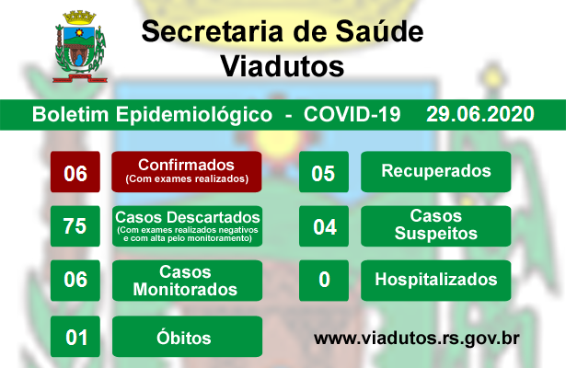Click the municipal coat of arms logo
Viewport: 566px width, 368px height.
point(80,46)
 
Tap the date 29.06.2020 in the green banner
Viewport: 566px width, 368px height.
point(480,114)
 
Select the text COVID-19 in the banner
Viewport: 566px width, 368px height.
point(352,114)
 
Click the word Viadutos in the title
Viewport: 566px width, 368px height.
point(283,66)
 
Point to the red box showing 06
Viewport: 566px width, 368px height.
point(75,172)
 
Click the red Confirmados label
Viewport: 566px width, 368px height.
point(187,172)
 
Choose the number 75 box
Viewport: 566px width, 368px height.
point(75,226)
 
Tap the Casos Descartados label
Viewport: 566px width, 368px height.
point(187,226)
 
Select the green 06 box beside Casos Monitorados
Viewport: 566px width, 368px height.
point(75,281)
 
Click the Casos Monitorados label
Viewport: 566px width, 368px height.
point(187,281)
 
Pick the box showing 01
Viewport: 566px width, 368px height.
point(75,337)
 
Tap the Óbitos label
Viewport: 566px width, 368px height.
point(187,337)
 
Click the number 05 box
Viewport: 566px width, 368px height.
point(324,172)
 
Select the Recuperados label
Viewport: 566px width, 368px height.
point(435,172)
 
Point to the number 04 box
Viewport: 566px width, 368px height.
point(324,226)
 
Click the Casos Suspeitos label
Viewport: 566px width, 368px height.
point(435,226)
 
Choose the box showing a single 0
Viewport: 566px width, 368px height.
point(324,281)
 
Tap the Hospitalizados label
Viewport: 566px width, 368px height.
point(435,281)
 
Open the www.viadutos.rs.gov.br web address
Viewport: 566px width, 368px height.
point(417,339)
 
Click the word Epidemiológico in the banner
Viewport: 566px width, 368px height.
point(194,115)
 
